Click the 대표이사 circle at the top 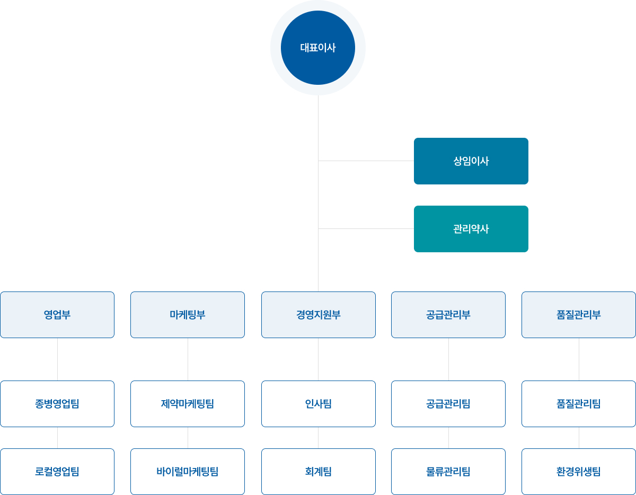(x=318, y=48)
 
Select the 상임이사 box (x=471, y=161)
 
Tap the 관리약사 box (x=471, y=229)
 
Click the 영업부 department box (x=57, y=315)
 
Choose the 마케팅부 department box (x=188, y=315)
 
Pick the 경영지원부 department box (x=318, y=315)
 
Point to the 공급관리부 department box (x=448, y=315)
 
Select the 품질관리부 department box (x=579, y=315)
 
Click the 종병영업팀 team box (x=57, y=404)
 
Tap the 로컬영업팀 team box (x=57, y=472)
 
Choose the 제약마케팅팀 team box (x=188, y=404)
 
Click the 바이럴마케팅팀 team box (x=188, y=472)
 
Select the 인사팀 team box (x=318, y=404)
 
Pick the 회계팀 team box (x=318, y=472)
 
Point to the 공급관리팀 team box (x=448, y=404)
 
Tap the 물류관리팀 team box (x=448, y=472)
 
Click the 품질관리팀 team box (x=579, y=404)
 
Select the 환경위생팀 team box (x=579, y=472)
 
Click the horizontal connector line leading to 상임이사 (x=366, y=161)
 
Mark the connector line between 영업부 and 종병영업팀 (x=57, y=359)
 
